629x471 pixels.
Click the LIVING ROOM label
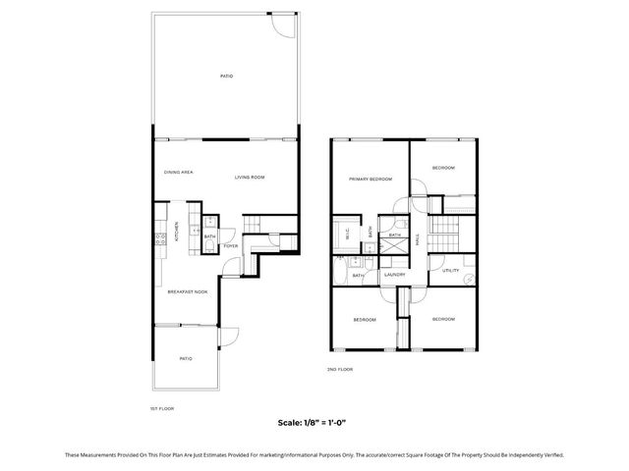pos(250,177)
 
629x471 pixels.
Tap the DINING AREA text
pos(178,173)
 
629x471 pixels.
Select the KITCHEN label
pos(177,233)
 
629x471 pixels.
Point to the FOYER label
pos(229,246)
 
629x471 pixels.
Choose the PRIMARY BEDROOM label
pos(371,179)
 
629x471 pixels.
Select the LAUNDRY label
pos(395,276)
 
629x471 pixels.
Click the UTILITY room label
pos(450,270)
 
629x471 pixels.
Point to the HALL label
pos(418,237)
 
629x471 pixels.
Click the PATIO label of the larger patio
pos(226,76)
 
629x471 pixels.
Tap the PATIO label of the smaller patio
pos(185,359)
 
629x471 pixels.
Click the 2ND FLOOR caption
pos(340,369)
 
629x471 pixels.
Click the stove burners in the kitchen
pos(157,238)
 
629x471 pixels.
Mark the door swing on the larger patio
pos(284,25)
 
